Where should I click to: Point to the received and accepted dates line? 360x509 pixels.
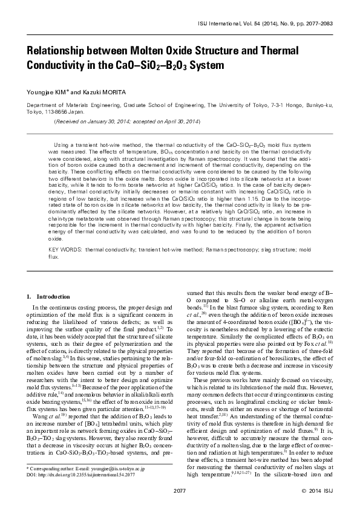point(127,122)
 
